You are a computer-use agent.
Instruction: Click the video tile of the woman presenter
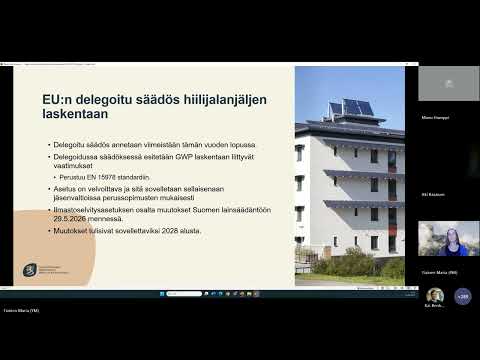(x=447, y=239)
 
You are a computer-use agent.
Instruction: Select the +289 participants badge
(x=462, y=296)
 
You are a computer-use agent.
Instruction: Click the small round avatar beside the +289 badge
(x=435, y=296)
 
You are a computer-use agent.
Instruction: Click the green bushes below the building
(x=345, y=265)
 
